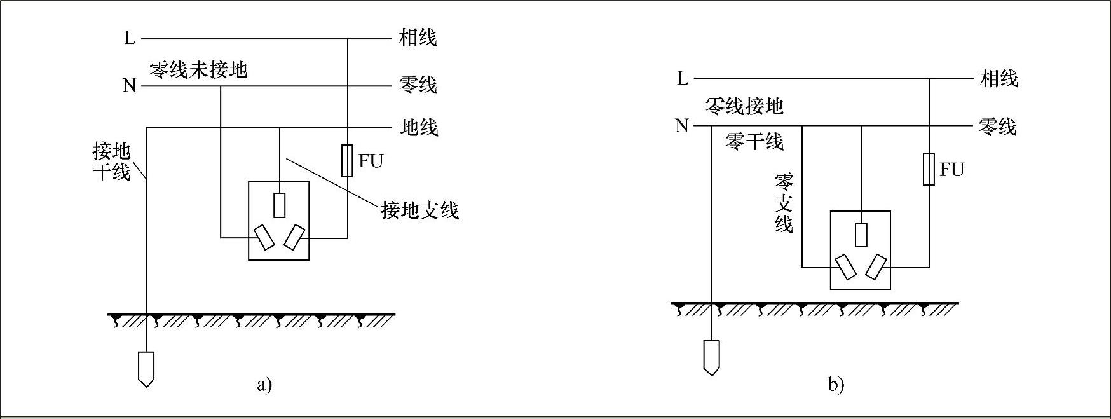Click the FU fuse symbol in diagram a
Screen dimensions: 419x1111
coord(347,160)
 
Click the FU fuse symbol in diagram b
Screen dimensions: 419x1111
coord(929,169)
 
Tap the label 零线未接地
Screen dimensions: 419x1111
coord(198,69)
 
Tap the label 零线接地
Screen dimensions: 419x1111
coord(744,106)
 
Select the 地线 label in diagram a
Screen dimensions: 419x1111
coord(419,127)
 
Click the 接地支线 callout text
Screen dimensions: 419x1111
coord(419,210)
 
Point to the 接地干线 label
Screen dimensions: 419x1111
coord(111,161)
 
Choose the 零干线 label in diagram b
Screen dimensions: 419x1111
coord(754,141)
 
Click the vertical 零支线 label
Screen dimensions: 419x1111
coord(784,203)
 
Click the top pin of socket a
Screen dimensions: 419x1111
coord(279,205)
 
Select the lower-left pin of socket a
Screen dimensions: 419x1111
coord(264,237)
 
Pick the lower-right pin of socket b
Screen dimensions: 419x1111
coord(876,266)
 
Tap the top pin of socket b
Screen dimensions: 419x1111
coord(861,235)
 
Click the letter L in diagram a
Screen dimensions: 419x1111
coord(130,38)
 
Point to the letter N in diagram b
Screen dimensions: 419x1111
coord(682,126)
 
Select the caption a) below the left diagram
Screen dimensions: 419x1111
coord(264,385)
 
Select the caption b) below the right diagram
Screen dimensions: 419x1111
coord(836,385)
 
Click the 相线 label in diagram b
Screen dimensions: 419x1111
coord(999,79)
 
